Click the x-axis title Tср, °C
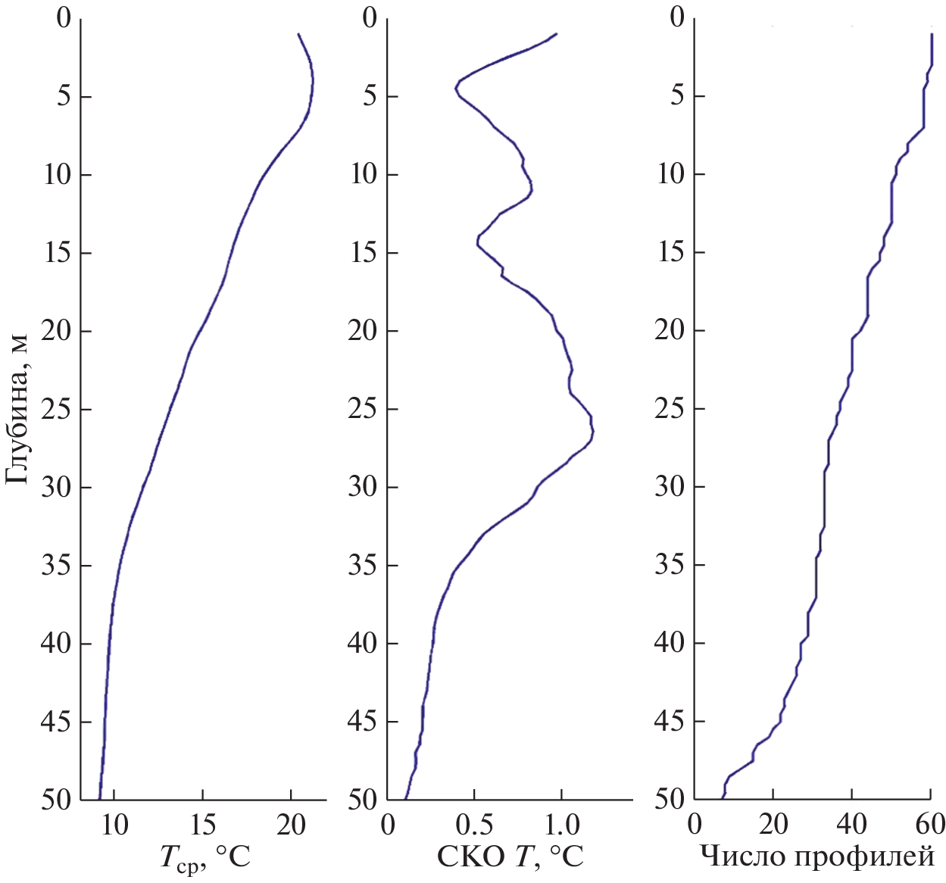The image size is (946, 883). click(x=204, y=859)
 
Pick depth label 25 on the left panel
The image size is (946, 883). click(x=56, y=409)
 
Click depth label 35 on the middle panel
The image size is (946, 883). click(x=364, y=565)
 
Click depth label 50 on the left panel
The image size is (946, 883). click(x=56, y=800)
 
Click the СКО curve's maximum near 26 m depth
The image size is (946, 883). click(x=594, y=432)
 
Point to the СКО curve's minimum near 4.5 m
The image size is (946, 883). click(x=455, y=88)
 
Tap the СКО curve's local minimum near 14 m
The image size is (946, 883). click(x=477, y=242)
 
